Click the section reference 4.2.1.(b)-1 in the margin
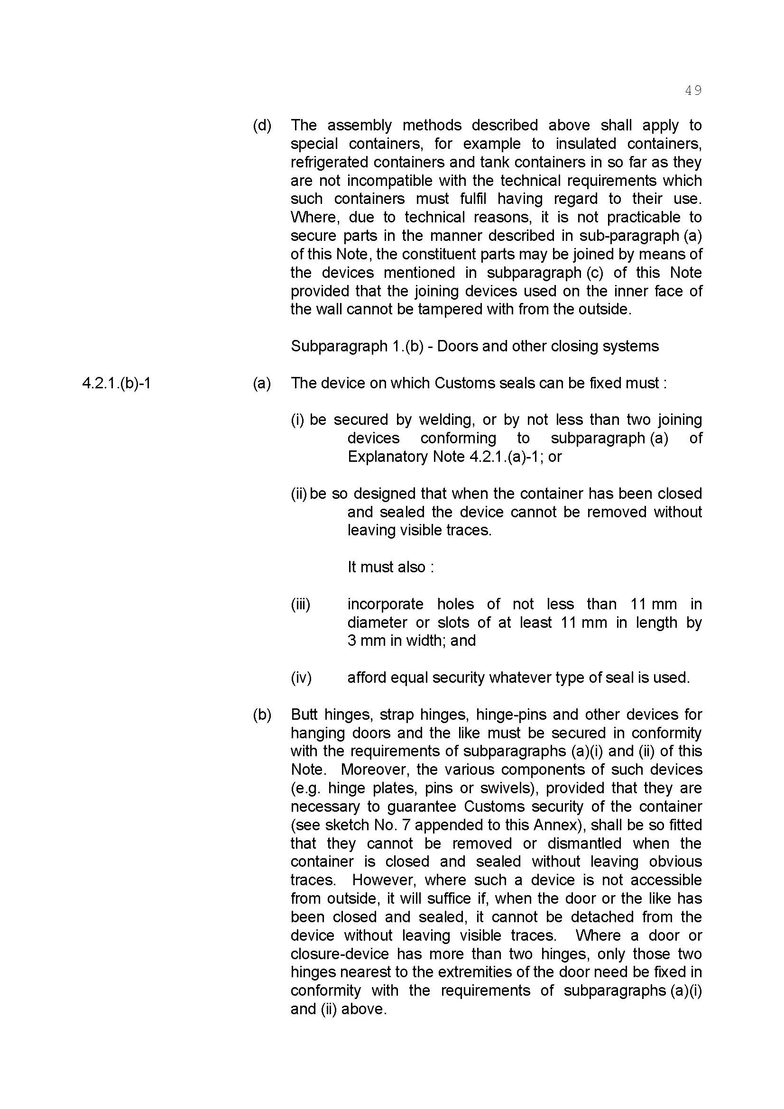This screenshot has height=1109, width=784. click(116, 383)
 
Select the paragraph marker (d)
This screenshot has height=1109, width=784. click(262, 125)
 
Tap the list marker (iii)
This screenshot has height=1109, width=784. click(300, 604)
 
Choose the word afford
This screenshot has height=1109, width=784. click(366, 678)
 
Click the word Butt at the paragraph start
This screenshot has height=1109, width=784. click(303, 715)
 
